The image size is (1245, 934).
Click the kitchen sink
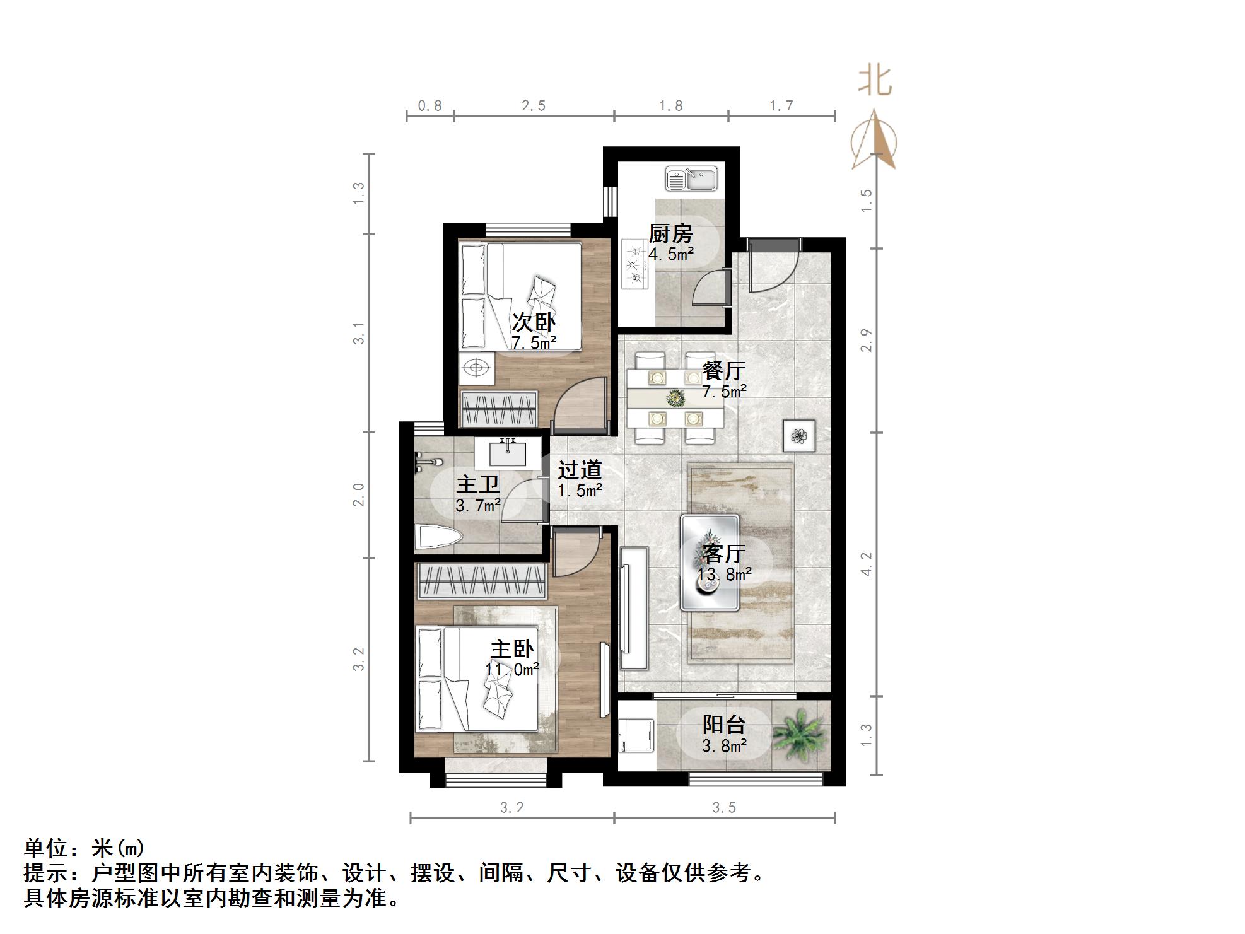(x=691, y=179)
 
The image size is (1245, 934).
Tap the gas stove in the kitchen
(x=635, y=264)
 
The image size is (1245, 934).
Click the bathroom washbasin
(x=507, y=452)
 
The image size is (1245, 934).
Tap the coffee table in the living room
(x=710, y=563)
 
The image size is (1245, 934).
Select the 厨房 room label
(x=670, y=234)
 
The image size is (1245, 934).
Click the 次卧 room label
(x=533, y=322)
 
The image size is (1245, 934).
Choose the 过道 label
(x=580, y=470)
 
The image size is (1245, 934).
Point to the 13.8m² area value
(x=724, y=575)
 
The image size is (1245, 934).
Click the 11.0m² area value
(x=511, y=669)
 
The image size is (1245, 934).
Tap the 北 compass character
(x=875, y=81)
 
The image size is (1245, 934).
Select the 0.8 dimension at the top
(x=430, y=106)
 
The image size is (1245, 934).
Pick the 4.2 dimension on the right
(x=867, y=564)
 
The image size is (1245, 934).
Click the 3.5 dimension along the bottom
(x=724, y=808)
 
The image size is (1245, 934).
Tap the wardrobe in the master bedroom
(x=481, y=581)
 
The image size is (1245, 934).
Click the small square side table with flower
(x=799, y=436)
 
